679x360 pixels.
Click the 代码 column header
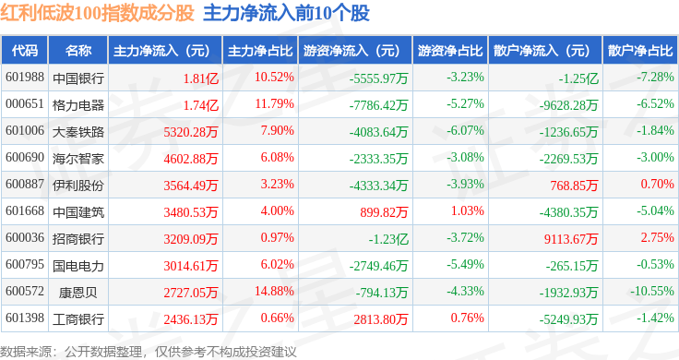pyautogui.click(x=25, y=51)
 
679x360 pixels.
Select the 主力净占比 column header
pyautogui.click(x=260, y=51)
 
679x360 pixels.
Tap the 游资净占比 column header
pyautogui.click(x=450, y=51)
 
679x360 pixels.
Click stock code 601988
pyautogui.click(x=25, y=78)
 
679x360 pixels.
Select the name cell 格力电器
pyautogui.click(x=78, y=105)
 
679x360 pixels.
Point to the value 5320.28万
pyautogui.click(x=191, y=132)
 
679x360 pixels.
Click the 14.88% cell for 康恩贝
pyautogui.click(x=275, y=291)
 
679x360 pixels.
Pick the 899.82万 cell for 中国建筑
pyautogui.click(x=384, y=211)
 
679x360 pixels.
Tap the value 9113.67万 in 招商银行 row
pyautogui.click(x=571, y=239)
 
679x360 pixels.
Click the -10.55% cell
pyautogui.click(x=651, y=291)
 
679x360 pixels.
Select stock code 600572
pyautogui.click(x=25, y=291)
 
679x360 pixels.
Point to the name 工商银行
pyautogui.click(x=78, y=318)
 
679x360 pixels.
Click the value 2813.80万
pyautogui.click(x=381, y=318)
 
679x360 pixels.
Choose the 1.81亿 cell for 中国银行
pyautogui.click(x=201, y=78)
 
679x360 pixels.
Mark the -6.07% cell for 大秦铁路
pyautogui.click(x=465, y=130)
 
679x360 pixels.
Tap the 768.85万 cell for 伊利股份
pyautogui.click(x=574, y=186)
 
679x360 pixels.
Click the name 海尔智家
pyautogui.click(x=78, y=159)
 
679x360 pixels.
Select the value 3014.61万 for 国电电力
pyautogui.click(x=191, y=266)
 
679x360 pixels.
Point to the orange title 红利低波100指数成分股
pyautogui.click(x=97, y=13)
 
